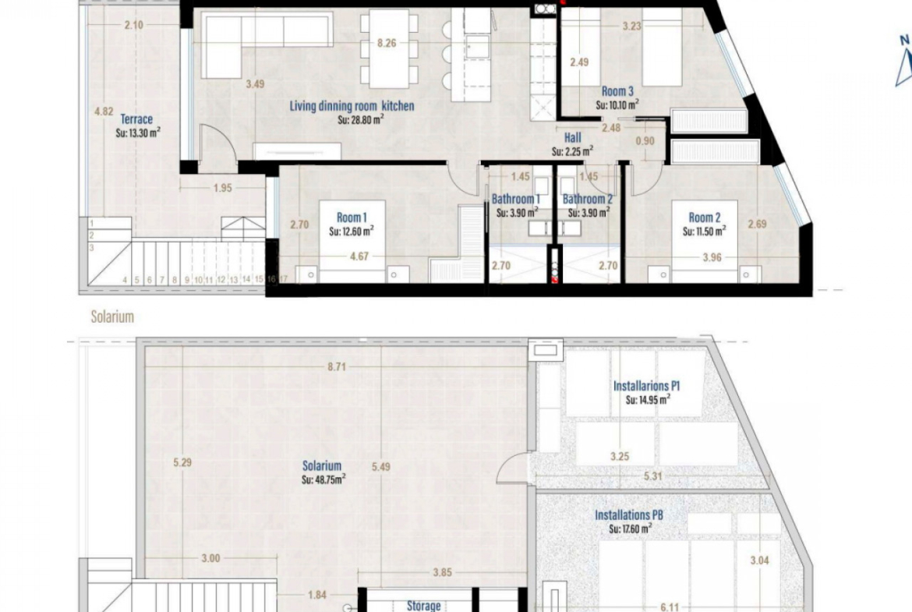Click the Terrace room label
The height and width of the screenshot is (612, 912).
136,119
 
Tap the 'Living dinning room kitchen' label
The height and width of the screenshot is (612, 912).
352,106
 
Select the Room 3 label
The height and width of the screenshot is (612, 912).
617,91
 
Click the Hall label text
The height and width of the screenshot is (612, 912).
572,138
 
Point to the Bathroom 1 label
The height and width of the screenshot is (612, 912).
516,199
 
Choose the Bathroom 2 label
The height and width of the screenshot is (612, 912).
588,199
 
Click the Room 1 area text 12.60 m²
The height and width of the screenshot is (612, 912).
352,232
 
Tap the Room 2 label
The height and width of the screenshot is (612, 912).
705,218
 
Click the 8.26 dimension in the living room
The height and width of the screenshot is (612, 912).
387,43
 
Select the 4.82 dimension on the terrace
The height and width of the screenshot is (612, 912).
104,111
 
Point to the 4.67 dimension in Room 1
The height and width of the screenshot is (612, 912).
359,256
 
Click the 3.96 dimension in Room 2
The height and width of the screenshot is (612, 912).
712,257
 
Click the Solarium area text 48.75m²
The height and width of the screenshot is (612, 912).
323,479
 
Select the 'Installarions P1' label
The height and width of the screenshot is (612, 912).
646,386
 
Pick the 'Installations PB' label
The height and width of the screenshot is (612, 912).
629,515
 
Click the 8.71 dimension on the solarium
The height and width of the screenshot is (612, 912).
337,366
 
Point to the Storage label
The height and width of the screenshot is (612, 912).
423,606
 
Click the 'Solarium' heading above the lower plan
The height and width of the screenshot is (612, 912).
112,317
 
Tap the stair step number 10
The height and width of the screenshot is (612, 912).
198,280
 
